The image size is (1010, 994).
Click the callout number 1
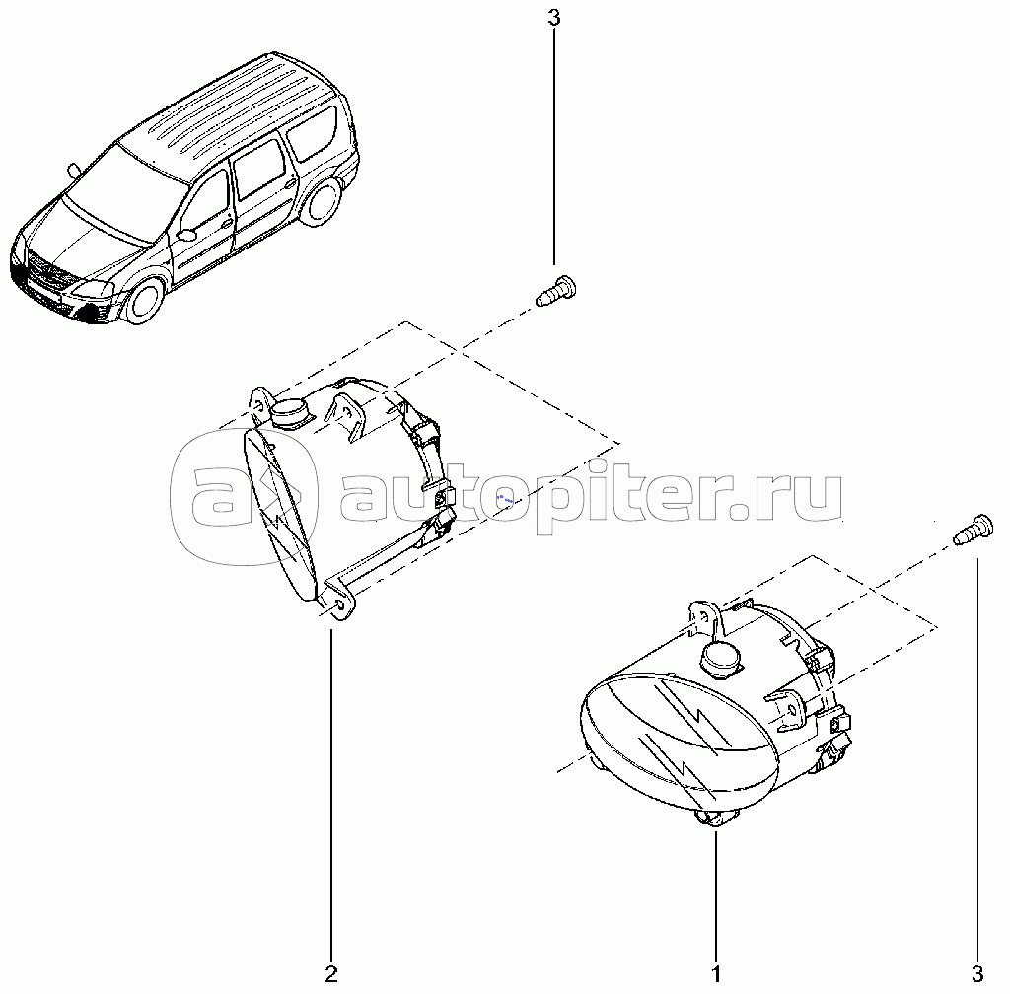point(716,974)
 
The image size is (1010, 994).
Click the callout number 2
point(331,974)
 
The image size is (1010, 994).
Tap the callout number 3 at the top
point(554,18)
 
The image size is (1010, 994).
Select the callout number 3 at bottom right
point(977,974)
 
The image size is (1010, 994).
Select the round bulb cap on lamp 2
point(291,411)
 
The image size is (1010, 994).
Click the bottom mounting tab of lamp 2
point(339,600)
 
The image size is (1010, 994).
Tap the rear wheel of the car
point(321,201)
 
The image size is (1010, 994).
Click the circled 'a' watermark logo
point(245,497)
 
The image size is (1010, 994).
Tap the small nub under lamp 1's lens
point(714,818)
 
